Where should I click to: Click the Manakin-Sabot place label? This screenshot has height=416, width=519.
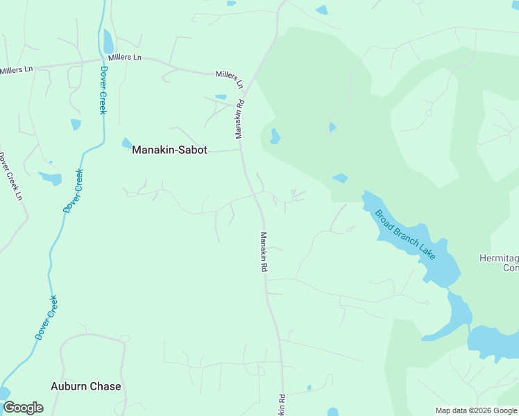[169, 150]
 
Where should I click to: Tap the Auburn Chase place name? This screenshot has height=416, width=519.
[86, 386]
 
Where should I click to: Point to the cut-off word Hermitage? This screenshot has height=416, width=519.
[499, 258]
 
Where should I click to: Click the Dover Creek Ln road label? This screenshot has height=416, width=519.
[10, 177]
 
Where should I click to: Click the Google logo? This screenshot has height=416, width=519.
[23, 408]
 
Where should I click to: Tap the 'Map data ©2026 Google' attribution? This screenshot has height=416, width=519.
[477, 410]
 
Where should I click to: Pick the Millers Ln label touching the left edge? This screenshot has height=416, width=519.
[17, 70]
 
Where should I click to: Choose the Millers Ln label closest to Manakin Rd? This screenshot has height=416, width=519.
[230, 78]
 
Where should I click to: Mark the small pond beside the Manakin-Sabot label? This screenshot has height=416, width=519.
[126, 143]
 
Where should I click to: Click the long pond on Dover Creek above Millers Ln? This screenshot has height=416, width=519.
[108, 42]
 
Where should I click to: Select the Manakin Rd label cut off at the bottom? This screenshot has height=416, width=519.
[282, 406]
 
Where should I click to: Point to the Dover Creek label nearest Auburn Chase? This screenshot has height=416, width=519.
[46, 317]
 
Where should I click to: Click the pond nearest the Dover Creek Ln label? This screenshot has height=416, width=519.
[51, 178]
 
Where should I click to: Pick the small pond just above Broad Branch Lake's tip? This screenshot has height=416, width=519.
[339, 178]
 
